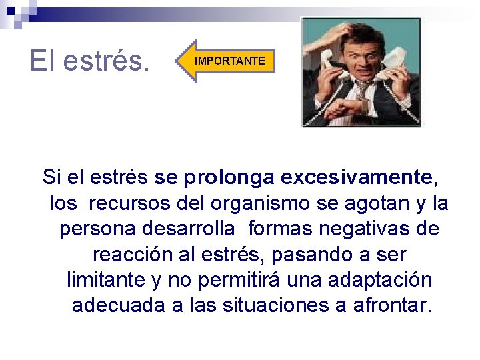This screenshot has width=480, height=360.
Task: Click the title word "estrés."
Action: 107,61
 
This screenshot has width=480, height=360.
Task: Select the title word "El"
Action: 44,61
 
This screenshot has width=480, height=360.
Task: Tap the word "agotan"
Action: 379,203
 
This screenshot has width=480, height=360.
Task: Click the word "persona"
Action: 97,229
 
